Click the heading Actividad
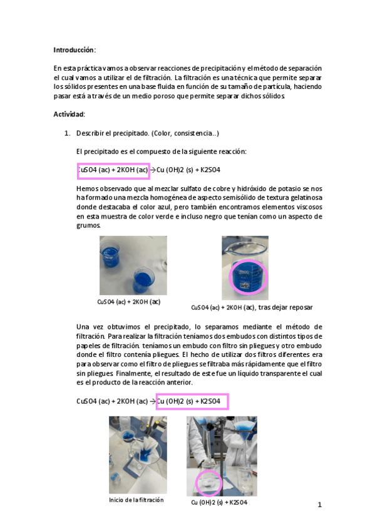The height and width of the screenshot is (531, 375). click(x=69, y=114)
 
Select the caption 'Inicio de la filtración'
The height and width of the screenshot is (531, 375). click(x=136, y=500)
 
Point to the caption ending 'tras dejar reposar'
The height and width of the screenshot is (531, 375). click(x=252, y=307)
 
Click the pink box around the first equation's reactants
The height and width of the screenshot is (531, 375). click(x=113, y=170)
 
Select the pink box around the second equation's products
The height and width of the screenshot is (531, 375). click(x=192, y=401)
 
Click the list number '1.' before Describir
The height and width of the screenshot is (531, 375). click(x=68, y=133)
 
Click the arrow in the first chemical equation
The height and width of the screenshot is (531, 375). click(x=152, y=170)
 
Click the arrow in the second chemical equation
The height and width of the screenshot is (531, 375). click(x=152, y=401)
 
